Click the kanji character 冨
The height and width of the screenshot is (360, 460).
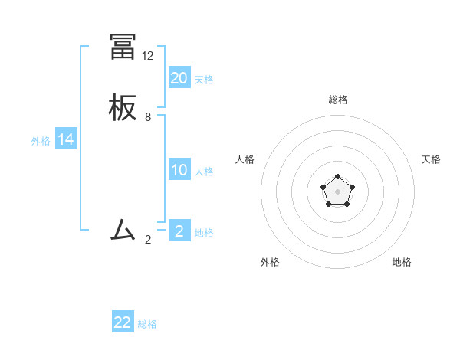click(x=123, y=47)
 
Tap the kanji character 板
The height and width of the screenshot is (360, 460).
click(x=123, y=108)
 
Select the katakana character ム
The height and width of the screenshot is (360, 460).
click(x=123, y=230)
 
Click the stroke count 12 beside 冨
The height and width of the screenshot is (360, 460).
click(x=148, y=56)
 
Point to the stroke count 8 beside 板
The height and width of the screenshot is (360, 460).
click(x=148, y=117)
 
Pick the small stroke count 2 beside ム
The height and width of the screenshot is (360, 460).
click(x=148, y=239)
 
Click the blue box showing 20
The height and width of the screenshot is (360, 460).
click(x=179, y=77)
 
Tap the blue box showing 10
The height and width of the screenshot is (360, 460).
click(x=179, y=170)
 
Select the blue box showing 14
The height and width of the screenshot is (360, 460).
click(x=66, y=139)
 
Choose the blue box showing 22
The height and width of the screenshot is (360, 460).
click(x=123, y=322)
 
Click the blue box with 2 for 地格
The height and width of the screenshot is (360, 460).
click(x=179, y=231)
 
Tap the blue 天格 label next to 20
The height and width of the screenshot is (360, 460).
click(x=204, y=79)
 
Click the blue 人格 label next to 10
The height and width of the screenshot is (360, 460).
click(x=204, y=172)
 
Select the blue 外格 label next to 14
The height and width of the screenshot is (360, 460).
click(x=40, y=141)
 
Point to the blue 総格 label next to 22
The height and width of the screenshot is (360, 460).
click(x=147, y=324)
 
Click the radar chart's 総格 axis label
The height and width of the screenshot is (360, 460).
click(x=338, y=100)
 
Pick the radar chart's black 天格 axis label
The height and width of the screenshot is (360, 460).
click(x=431, y=159)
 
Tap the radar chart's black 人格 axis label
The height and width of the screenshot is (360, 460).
click(x=245, y=159)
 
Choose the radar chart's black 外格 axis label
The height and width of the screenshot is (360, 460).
click(x=270, y=262)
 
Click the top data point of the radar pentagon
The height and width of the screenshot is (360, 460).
click(x=338, y=178)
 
